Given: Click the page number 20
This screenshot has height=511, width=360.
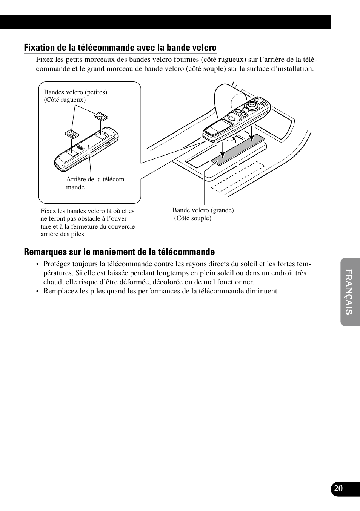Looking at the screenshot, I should [x=338, y=488].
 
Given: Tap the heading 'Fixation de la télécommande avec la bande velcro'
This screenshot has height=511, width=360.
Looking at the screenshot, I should [x=120, y=48].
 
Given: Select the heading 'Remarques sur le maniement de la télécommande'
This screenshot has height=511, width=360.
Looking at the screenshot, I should [x=119, y=252].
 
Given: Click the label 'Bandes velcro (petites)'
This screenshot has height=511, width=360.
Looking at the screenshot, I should [x=75, y=92].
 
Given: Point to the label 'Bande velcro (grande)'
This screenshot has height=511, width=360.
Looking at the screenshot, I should [x=203, y=210].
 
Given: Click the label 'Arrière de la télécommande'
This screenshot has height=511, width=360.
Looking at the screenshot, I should [x=96, y=183].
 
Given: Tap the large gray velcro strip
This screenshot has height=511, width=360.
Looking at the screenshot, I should [x=238, y=149].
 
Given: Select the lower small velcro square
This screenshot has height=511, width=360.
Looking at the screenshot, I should [x=72, y=134].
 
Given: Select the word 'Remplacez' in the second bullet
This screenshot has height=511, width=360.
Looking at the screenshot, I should [x=59, y=291].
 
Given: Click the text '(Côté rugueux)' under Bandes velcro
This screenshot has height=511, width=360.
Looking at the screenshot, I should [x=65, y=100].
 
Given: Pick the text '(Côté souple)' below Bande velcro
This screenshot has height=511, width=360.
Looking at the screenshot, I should [x=192, y=218].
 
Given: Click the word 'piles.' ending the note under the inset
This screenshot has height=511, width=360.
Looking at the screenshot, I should [x=78, y=234].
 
